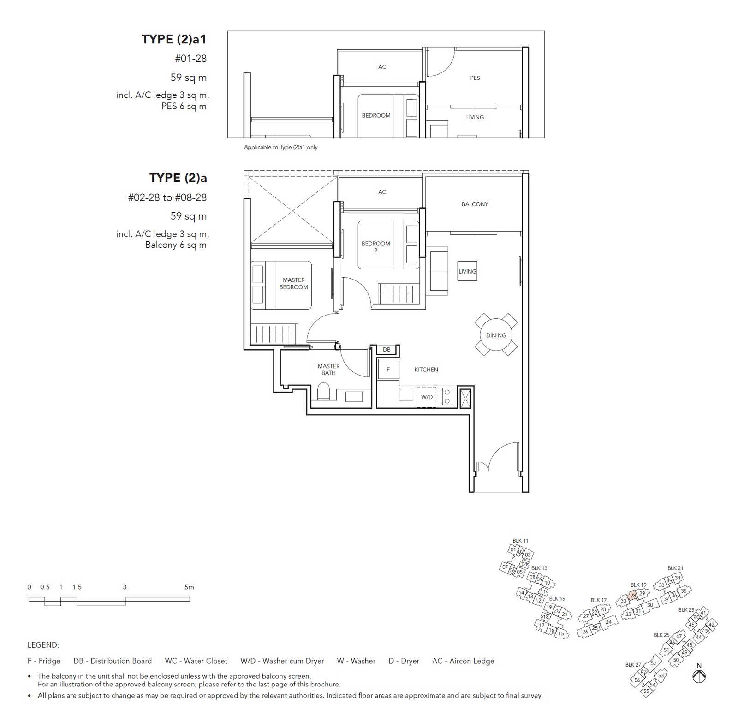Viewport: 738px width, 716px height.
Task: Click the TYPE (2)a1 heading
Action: click(174, 39)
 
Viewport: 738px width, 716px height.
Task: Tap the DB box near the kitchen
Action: click(387, 350)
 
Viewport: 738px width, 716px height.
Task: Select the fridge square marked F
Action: click(388, 369)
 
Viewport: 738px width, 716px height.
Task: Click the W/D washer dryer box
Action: click(427, 397)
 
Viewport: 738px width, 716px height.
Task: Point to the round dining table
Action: click(496, 335)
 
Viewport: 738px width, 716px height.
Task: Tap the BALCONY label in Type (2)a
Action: click(475, 204)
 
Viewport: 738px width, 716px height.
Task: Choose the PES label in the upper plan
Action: click(475, 78)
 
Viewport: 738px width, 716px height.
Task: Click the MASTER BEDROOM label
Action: click(294, 283)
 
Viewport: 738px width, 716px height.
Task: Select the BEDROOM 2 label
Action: click(375, 247)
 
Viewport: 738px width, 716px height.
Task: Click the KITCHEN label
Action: click(426, 370)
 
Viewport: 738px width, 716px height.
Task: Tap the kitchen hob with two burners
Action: click(447, 397)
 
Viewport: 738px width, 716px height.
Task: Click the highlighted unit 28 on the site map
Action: click(633, 596)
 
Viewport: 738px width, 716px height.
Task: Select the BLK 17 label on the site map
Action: click(599, 600)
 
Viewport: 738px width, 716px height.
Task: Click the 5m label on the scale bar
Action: click(189, 587)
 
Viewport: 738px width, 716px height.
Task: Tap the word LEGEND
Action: click(43, 645)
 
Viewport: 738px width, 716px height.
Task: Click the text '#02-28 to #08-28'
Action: click(167, 197)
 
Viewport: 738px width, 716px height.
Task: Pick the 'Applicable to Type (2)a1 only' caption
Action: click(281, 147)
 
